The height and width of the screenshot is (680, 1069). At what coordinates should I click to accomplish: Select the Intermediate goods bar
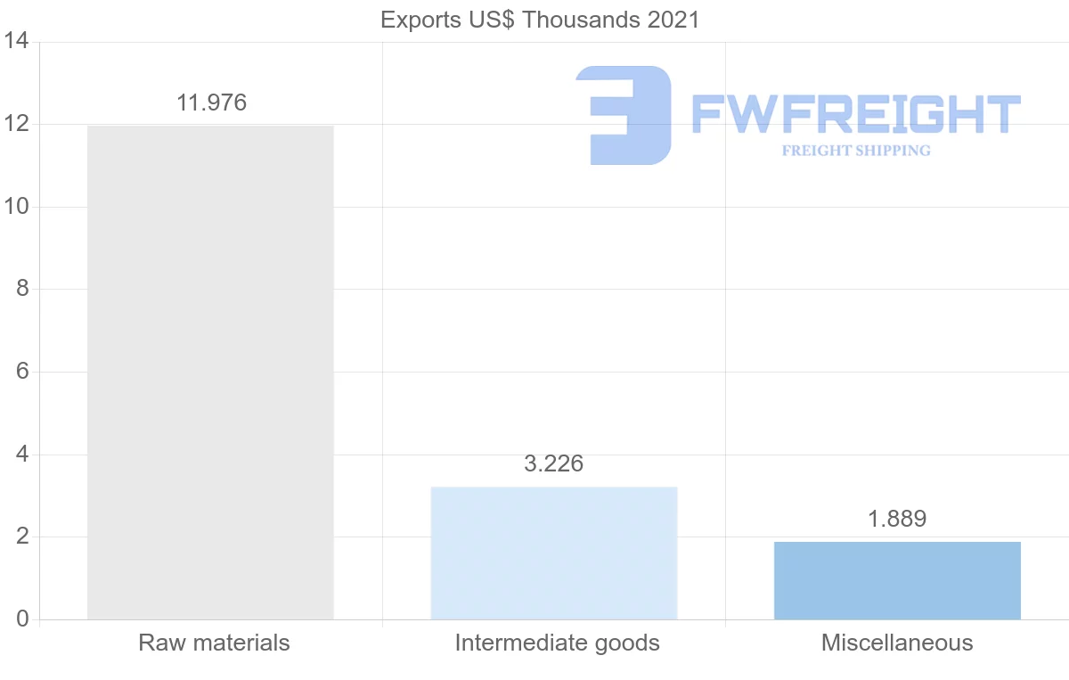pyautogui.click(x=553, y=553)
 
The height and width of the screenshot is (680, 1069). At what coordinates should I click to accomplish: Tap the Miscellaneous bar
pyautogui.click(x=897, y=580)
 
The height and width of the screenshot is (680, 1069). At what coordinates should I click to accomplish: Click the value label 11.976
pyautogui.click(x=211, y=103)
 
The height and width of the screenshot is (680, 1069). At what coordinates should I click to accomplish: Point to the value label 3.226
pyautogui.click(x=553, y=464)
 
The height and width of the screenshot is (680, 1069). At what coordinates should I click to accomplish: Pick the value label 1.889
pyautogui.click(x=897, y=520)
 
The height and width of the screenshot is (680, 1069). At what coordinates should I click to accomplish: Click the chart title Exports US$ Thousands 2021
pyautogui.click(x=540, y=20)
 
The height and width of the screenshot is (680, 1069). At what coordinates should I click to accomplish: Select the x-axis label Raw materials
pyautogui.click(x=214, y=643)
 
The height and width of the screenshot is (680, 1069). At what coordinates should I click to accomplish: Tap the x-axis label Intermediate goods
pyautogui.click(x=557, y=643)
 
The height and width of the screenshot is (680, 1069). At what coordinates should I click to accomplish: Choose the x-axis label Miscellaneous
pyautogui.click(x=897, y=643)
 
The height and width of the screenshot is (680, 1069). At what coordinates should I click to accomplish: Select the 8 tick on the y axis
pyautogui.click(x=22, y=290)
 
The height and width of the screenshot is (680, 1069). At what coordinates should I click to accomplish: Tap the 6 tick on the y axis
pyautogui.click(x=22, y=372)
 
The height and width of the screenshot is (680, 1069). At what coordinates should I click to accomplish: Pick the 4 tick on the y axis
pyautogui.click(x=22, y=455)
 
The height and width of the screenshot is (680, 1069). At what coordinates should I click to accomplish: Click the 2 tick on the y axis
pyautogui.click(x=22, y=537)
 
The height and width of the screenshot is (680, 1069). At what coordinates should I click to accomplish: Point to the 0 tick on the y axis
pyautogui.click(x=22, y=619)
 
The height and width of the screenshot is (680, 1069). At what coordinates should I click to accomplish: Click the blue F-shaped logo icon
pyautogui.click(x=624, y=115)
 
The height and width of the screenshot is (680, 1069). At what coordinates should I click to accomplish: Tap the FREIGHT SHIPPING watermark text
pyautogui.click(x=856, y=151)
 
